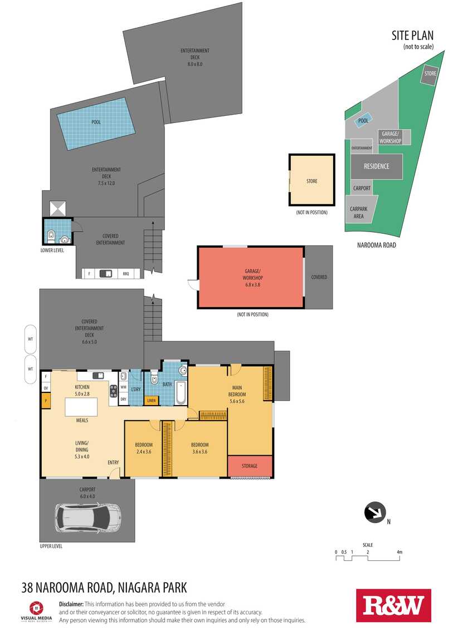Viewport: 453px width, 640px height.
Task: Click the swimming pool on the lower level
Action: click(x=96, y=124)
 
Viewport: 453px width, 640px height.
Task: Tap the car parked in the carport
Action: click(x=88, y=517)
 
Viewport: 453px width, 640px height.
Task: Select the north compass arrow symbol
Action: click(x=375, y=512)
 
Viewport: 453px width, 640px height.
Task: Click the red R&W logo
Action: click(x=393, y=605)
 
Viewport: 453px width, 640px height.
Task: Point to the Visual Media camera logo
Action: click(x=36, y=608)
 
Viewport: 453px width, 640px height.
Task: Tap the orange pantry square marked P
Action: click(x=46, y=401)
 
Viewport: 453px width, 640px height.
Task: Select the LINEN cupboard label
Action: click(x=152, y=400)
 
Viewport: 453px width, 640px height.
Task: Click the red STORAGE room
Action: click(x=250, y=466)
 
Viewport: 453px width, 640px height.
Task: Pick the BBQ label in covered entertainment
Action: click(x=126, y=273)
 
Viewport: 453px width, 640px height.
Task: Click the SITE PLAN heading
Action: click(x=412, y=36)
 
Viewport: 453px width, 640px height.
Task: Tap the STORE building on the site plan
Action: click(x=430, y=74)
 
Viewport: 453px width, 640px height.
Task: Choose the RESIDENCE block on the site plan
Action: click(x=377, y=166)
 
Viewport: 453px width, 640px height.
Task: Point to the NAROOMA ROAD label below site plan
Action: click(x=377, y=245)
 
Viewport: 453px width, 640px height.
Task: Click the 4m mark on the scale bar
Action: click(x=400, y=552)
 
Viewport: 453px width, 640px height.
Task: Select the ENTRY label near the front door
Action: click(x=113, y=462)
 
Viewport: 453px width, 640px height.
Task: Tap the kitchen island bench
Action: click(x=81, y=406)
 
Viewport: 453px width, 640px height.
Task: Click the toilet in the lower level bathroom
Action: click(x=51, y=235)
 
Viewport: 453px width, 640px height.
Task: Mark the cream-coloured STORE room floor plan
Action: click(x=312, y=180)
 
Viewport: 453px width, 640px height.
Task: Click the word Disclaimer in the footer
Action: click(x=71, y=604)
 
